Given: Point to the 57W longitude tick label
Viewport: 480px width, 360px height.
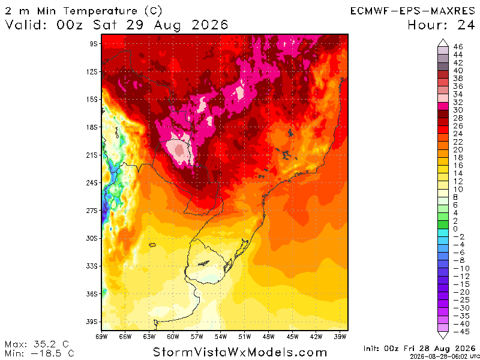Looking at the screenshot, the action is pos(197,337).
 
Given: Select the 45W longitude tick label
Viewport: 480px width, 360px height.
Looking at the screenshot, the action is pos(292,337).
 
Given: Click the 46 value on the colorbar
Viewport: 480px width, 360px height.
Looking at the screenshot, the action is pos(458,47).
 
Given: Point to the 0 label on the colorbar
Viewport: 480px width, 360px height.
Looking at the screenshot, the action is pos(455,229).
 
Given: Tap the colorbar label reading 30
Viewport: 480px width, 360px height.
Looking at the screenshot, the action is pos(458,110).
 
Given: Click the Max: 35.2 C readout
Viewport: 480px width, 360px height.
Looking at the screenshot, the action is pos(37,344).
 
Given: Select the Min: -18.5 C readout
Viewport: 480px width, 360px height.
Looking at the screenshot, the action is pos(40,353).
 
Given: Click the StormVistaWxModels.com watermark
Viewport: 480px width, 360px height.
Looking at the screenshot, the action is pos(240,352).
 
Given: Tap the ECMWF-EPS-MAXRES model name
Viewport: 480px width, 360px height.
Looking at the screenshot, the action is pos(413,11).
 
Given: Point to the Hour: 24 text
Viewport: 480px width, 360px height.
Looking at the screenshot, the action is pos(441,25).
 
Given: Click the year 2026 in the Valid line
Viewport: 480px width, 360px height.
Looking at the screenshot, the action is pos(210,25).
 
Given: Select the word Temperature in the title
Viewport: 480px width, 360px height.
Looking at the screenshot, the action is pos(100,11).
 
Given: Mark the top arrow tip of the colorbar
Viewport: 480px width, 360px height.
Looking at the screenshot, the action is pos(443,39).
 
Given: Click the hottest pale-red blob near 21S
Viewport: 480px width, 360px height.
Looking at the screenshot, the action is pos(179,150).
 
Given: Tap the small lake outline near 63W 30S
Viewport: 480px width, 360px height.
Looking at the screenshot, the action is pos(152,245).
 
